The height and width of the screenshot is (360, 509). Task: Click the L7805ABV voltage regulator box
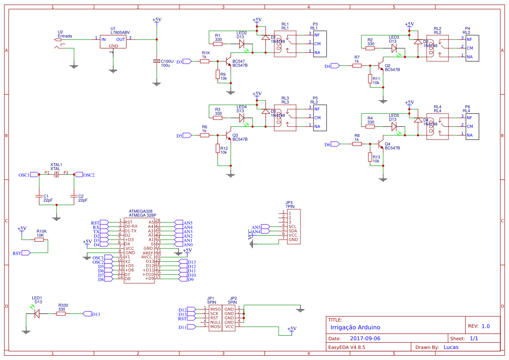pos(113,42)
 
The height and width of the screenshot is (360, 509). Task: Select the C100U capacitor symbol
pos(156,61)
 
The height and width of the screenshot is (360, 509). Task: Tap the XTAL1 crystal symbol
pos(56,175)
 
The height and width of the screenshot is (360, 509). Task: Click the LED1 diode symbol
pos(37,313)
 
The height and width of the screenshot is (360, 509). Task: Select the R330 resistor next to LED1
pos(61,313)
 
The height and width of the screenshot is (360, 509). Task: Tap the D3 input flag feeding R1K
pos(186,61)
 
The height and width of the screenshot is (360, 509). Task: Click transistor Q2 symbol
pos(381,66)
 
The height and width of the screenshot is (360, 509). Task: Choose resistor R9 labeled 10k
pos(217,74)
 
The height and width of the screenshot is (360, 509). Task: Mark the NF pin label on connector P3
pos(317,34)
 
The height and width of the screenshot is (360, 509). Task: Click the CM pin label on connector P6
pos(469,126)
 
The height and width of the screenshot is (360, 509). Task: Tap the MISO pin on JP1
pos(215,309)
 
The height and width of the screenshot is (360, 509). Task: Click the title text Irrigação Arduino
pos(355,327)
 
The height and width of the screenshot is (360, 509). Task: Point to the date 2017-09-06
pos(365,338)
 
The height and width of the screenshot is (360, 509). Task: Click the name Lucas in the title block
pos(451,347)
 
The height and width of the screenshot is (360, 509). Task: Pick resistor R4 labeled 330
pos(371,127)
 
